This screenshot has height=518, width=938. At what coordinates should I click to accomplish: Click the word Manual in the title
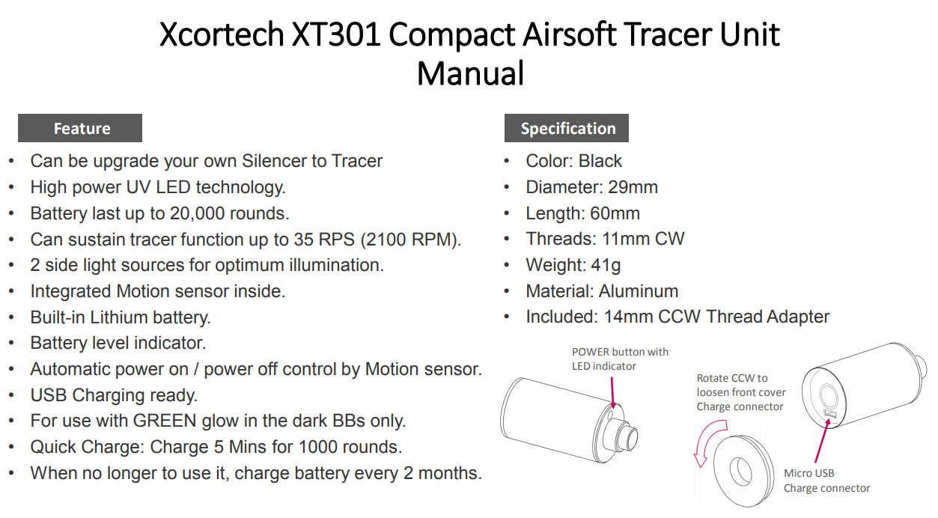click(470, 73)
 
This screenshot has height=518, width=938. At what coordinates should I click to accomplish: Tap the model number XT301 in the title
click(336, 34)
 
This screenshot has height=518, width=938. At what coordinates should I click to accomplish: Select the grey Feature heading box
click(80, 128)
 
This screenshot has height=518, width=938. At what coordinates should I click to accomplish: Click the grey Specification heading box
click(566, 128)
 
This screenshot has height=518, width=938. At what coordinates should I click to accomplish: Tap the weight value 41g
click(606, 266)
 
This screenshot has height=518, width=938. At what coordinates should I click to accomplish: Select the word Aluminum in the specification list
click(638, 291)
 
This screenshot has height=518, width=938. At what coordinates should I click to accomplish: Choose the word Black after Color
click(600, 161)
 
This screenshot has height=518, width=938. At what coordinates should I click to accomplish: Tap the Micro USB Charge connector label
click(826, 481)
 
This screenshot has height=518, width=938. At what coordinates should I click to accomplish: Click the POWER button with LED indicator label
click(620, 359)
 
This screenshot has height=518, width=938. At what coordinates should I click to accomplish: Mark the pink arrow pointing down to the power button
click(612, 392)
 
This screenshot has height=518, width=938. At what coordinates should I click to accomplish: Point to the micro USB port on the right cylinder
click(830, 414)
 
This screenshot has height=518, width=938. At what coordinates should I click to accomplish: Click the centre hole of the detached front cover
click(740, 470)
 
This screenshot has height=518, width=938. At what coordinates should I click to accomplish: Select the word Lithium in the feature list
click(119, 317)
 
